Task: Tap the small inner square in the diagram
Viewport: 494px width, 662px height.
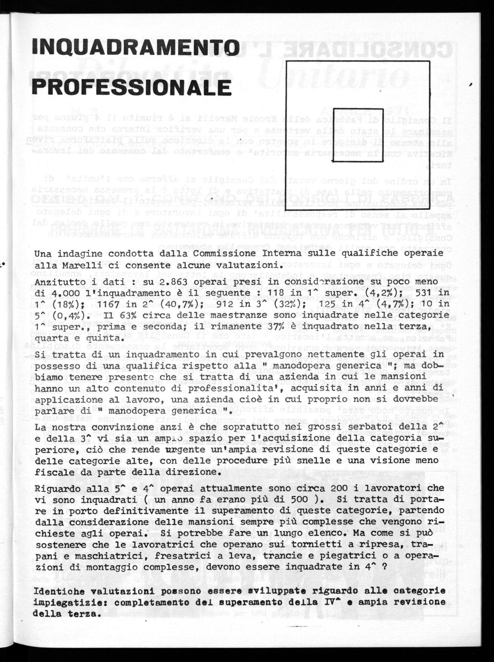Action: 358,135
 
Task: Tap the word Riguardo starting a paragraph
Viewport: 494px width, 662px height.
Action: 52,488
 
